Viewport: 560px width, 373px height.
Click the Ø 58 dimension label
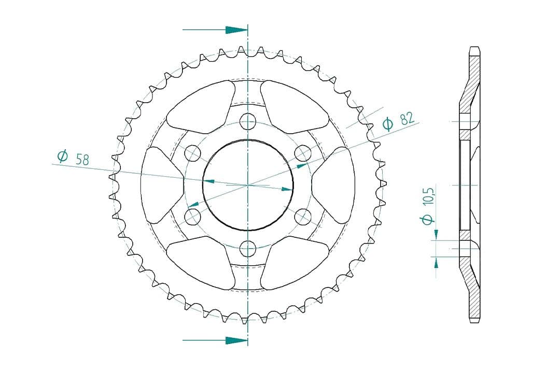[x=73, y=158]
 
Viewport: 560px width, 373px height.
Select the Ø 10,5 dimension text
[x=428, y=206]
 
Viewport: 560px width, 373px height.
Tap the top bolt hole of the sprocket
[x=248, y=121]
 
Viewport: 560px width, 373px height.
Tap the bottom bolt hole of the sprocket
[x=248, y=249]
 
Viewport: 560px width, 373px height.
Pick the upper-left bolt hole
[x=193, y=153]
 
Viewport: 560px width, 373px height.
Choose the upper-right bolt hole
[x=303, y=153]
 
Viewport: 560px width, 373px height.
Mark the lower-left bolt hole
[x=193, y=217]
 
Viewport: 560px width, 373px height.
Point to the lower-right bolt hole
[x=303, y=217]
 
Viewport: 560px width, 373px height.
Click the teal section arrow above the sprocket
[x=215, y=30]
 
